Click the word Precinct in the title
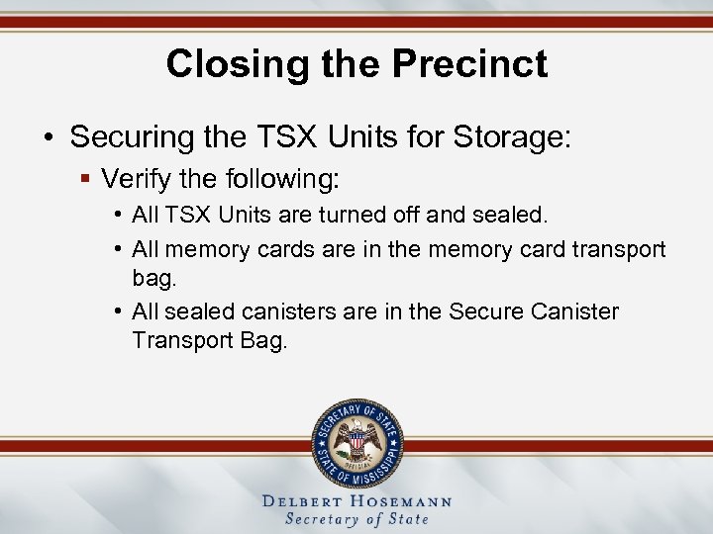(469, 64)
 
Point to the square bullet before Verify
(86, 180)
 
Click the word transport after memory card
(620, 249)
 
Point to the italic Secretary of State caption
(356, 519)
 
